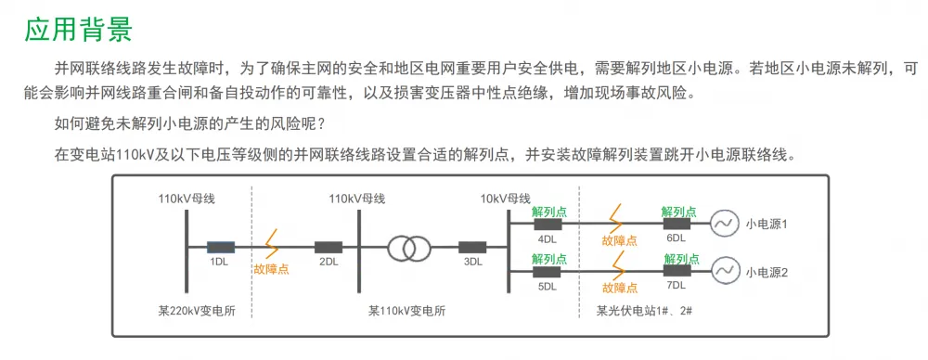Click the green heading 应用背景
[79, 31]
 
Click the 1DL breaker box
[221, 248]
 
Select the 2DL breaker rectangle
[329, 248]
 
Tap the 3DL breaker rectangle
[472, 248]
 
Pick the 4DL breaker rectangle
[548, 224]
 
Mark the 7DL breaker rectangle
[677, 271]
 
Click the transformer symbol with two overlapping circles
[409, 248]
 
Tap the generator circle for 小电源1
[723, 224]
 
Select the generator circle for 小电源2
[723, 272]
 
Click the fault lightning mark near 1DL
[272, 243]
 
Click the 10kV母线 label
[505, 199]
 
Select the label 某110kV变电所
[406, 311]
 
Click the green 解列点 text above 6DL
[679, 212]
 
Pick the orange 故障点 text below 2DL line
[271, 269]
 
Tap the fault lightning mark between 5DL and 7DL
[619, 265]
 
